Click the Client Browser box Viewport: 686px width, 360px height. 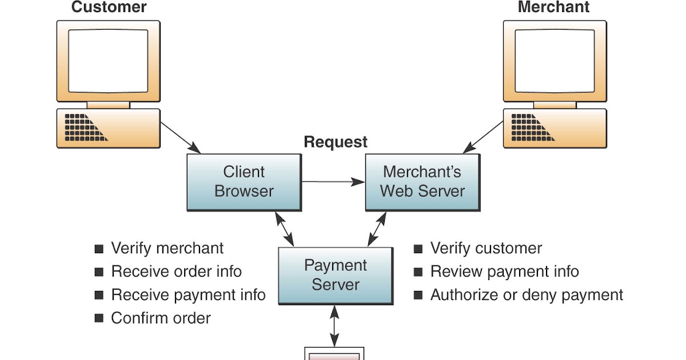pyautogui.click(x=244, y=182)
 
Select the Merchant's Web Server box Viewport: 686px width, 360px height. pyautogui.click(x=422, y=182)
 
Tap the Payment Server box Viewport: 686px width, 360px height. pyautogui.click(x=335, y=275)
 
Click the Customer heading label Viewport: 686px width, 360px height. pyautogui.click(x=109, y=7)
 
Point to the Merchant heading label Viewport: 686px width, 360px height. pyautogui.click(x=553, y=7)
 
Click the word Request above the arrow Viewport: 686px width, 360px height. pyautogui.click(x=336, y=142)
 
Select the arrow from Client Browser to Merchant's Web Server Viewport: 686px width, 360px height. pyautogui.click(x=333, y=182)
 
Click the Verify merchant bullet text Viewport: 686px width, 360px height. pyautogui.click(x=167, y=249)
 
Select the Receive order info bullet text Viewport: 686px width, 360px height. pyautogui.click(x=176, y=271)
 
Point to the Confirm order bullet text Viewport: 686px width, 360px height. pyautogui.click(x=161, y=318)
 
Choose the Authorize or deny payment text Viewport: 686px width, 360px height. pyautogui.click(x=526, y=295)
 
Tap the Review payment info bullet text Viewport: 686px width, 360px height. pyautogui.click(x=504, y=271)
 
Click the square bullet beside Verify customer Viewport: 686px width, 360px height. pyautogui.click(x=418, y=249)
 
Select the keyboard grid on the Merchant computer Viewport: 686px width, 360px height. pyautogui.click(x=529, y=127)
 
